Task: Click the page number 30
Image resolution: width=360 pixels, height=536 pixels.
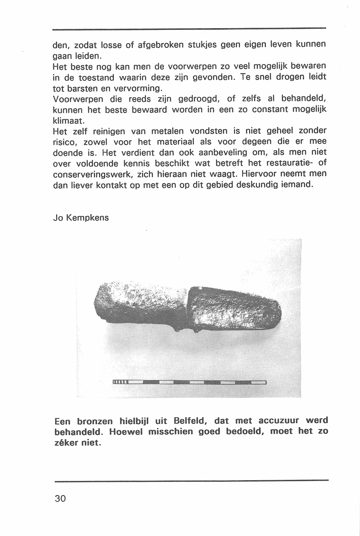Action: (x=60, y=499)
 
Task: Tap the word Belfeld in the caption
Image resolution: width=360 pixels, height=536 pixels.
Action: (x=189, y=421)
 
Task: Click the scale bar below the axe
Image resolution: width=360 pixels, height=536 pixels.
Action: (x=189, y=382)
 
